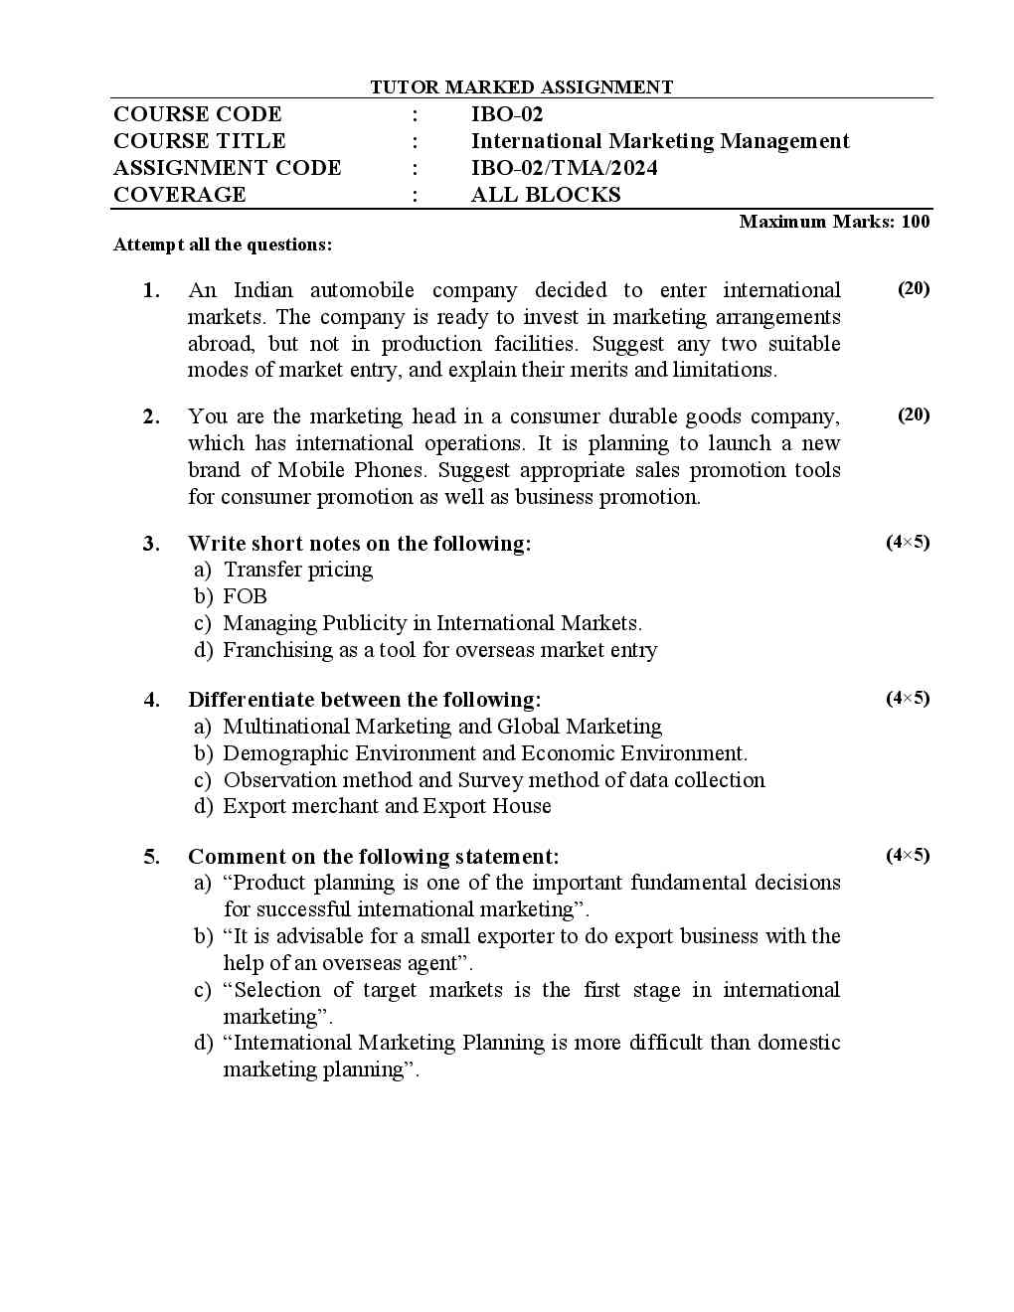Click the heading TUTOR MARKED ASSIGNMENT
coord(521,87)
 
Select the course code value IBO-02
coord(507,114)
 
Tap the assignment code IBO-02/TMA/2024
coord(564,168)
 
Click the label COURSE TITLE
coord(199,141)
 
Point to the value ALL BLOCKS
coord(545,195)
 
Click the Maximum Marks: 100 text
coord(834,222)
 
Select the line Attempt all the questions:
coord(223,245)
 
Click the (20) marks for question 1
coord(914,288)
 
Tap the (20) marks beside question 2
coord(914,414)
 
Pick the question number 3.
coord(151,544)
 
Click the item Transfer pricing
coord(297,570)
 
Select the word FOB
coord(245,596)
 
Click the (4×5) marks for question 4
coord(908,698)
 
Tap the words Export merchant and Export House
coord(387,806)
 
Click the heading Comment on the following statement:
coord(373,857)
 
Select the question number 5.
coord(151,857)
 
